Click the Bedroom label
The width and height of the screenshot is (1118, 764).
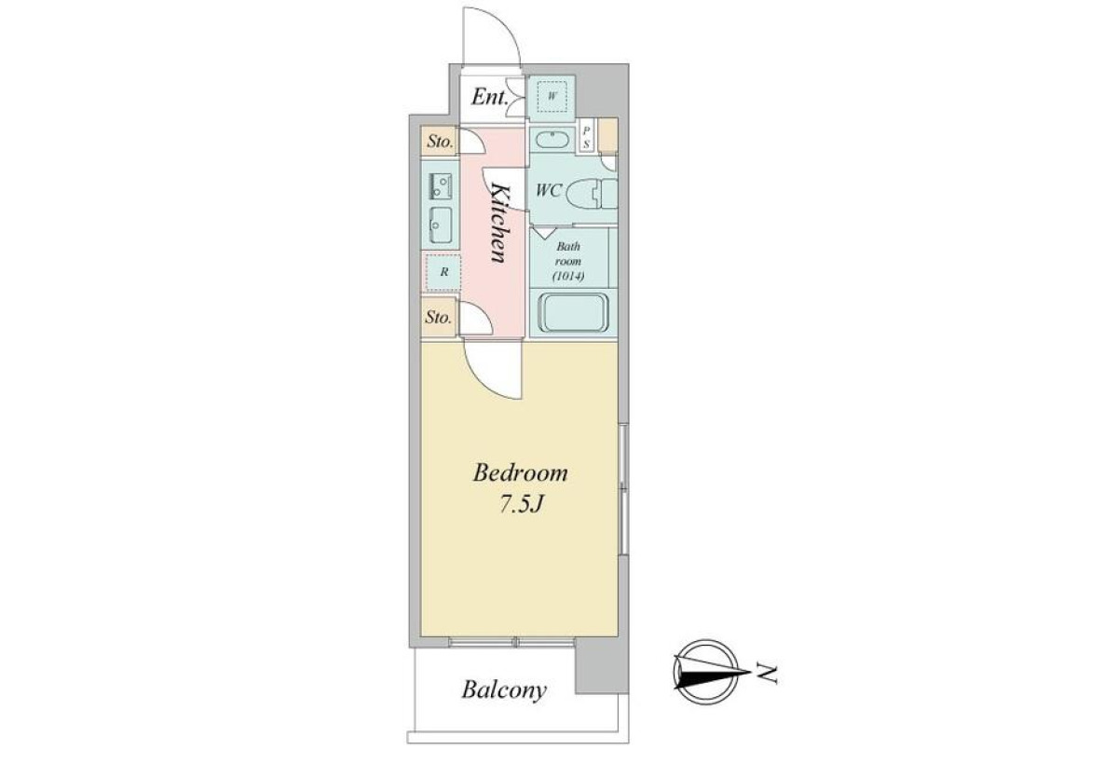(520, 473)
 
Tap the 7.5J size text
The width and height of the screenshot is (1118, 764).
(521, 506)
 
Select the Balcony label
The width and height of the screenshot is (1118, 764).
(504, 690)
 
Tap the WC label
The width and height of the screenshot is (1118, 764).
(549, 190)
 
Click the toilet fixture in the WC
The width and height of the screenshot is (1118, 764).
(592, 194)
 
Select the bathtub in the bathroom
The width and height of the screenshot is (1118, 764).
(574, 313)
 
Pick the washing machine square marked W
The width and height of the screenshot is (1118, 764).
(552, 97)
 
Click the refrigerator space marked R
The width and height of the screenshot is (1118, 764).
(443, 272)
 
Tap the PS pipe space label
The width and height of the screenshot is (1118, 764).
(586, 137)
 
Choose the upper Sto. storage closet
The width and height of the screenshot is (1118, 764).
(440, 142)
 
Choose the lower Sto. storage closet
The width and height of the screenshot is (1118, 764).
(439, 317)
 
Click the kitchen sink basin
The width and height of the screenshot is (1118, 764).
(440, 225)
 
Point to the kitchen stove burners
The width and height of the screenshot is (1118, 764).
(440, 186)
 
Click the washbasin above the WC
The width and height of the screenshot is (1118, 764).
(552, 141)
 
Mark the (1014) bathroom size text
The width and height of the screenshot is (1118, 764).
(568, 276)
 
